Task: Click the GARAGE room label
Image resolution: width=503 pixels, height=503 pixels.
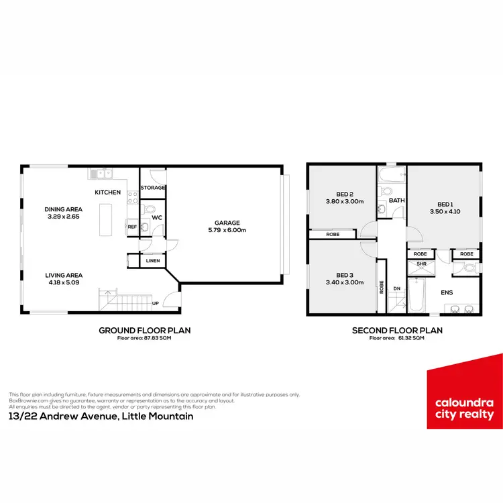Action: click(x=227, y=223)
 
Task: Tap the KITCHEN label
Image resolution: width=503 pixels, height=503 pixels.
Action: click(x=107, y=192)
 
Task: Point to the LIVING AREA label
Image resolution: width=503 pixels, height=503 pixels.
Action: click(x=64, y=276)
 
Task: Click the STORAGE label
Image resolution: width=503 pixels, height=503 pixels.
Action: click(x=152, y=188)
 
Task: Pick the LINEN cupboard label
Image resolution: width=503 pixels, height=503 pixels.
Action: click(x=152, y=260)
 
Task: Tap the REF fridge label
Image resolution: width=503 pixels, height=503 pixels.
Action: click(x=132, y=227)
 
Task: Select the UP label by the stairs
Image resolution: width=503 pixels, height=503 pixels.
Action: click(x=156, y=303)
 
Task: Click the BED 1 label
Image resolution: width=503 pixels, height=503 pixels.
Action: click(x=445, y=205)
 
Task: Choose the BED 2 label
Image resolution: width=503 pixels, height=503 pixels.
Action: click(x=344, y=193)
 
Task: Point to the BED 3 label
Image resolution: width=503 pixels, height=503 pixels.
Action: click(x=345, y=275)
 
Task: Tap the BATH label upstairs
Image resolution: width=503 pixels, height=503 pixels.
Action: click(x=397, y=201)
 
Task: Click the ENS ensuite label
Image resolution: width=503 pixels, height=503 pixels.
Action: click(x=446, y=293)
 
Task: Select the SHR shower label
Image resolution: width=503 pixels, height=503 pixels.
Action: click(x=422, y=264)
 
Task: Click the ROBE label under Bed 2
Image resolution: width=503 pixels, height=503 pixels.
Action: click(x=333, y=235)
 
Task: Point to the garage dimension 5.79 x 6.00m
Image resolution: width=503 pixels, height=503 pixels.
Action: click(x=227, y=231)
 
